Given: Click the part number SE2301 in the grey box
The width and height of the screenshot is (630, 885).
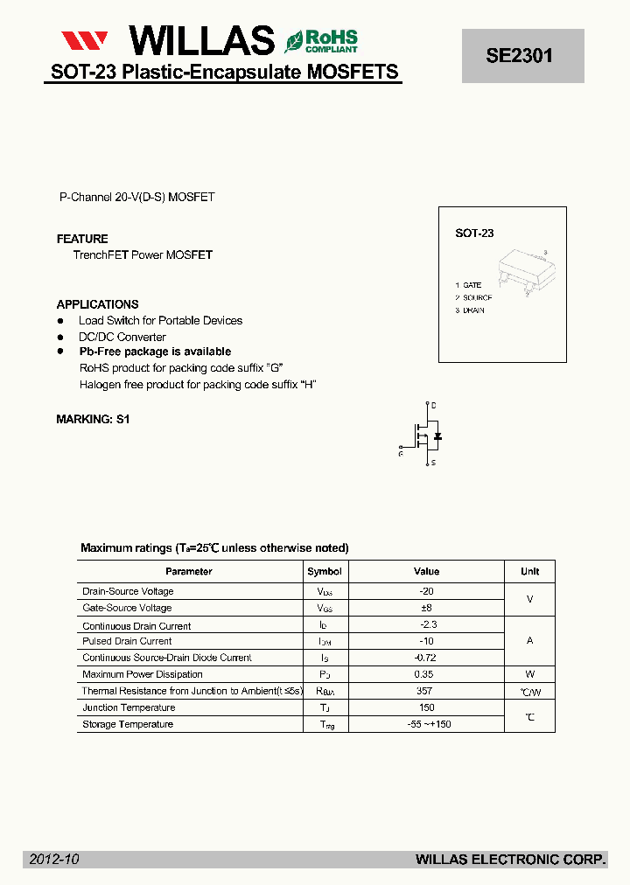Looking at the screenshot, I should [520, 55].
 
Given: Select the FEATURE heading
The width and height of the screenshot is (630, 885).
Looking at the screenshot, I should [82, 239].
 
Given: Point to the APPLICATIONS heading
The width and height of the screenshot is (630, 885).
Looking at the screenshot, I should [97, 304].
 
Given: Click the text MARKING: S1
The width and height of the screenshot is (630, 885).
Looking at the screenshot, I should [93, 419].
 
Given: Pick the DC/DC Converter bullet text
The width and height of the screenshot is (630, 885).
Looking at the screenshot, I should [122, 337].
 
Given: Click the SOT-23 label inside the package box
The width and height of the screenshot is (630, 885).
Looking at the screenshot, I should [474, 233].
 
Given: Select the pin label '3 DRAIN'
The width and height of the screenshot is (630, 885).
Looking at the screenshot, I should [470, 310].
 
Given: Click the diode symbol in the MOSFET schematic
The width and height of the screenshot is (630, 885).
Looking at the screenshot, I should [437, 435].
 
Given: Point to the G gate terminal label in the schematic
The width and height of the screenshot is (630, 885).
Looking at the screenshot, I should [400, 453].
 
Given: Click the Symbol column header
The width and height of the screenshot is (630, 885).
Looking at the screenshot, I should [324, 571].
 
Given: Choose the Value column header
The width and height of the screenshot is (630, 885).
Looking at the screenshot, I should [426, 571].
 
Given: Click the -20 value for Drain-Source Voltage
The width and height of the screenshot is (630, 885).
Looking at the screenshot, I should [426, 591].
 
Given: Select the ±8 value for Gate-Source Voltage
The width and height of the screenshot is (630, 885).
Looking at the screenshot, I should [426, 608].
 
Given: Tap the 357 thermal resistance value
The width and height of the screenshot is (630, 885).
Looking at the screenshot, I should [426, 691].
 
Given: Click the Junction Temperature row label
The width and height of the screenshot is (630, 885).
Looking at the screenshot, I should [129, 707].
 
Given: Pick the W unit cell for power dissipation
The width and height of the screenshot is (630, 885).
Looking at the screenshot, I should [529, 674].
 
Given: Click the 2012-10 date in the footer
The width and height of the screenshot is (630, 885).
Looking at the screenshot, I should [54, 860].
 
